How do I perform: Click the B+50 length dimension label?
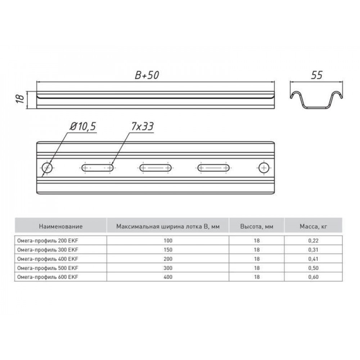(147, 75)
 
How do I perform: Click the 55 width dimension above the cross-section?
(316, 75)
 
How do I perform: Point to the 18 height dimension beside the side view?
(20, 99)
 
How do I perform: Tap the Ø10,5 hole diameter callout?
(83, 126)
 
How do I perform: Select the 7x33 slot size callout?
(142, 126)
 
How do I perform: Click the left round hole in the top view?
(47, 168)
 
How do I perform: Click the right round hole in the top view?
(264, 168)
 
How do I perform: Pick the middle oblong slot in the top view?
(156, 168)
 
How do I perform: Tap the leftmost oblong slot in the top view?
(97, 168)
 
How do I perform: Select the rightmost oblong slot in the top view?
(213, 168)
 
